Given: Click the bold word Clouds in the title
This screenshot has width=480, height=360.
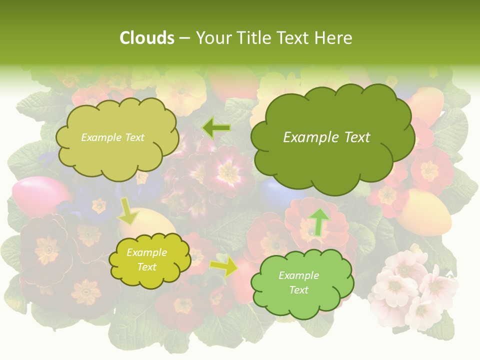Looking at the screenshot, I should point(146,38).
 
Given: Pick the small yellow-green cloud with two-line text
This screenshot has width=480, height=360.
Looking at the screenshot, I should point(148,260).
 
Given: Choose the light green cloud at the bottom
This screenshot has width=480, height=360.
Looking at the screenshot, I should point(301,283).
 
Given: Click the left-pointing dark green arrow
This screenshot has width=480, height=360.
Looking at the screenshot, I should point(216,128).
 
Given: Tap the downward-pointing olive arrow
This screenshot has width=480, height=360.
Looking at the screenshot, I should point(128,210).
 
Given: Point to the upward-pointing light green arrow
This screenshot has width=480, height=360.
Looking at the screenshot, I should point(319,221).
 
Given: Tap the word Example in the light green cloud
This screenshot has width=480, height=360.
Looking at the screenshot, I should point(298,275).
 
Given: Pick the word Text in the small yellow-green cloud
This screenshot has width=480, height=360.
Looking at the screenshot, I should point(147,267).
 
